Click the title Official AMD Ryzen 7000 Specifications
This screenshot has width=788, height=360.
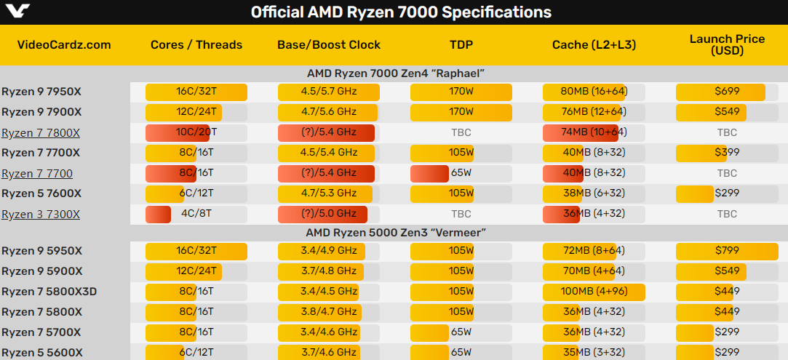401,12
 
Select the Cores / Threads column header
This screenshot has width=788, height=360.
196,45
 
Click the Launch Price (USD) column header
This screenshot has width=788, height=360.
727,44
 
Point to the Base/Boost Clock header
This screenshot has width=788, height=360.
329,45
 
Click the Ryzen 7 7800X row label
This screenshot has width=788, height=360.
41,133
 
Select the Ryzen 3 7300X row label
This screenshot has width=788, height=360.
41,215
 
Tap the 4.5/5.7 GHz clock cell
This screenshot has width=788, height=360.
329,92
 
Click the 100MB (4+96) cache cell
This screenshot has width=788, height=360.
594,292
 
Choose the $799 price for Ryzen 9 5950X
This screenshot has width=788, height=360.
727,251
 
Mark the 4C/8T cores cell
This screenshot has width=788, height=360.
196,215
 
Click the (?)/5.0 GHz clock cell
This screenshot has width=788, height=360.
329,215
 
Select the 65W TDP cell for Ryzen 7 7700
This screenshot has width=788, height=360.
461,174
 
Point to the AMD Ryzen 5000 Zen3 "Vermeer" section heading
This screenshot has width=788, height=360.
396,233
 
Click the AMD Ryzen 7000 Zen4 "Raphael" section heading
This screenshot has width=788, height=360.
396,73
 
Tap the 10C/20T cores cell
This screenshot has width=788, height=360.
196,133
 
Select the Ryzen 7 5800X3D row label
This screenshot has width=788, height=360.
49,292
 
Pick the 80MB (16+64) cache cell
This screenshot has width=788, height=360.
594,92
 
